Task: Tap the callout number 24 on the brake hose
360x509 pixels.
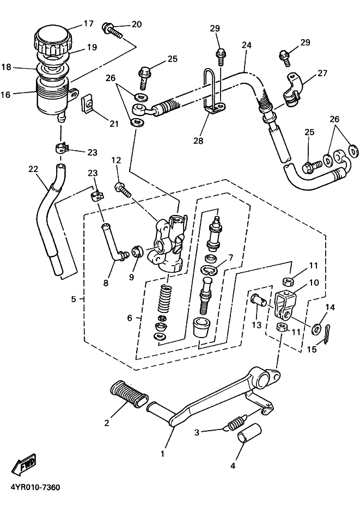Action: (x=247, y=46)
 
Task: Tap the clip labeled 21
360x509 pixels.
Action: (x=88, y=105)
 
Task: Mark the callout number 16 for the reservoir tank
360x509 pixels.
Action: (x=6, y=94)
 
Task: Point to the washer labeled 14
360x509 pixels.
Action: (x=316, y=329)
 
